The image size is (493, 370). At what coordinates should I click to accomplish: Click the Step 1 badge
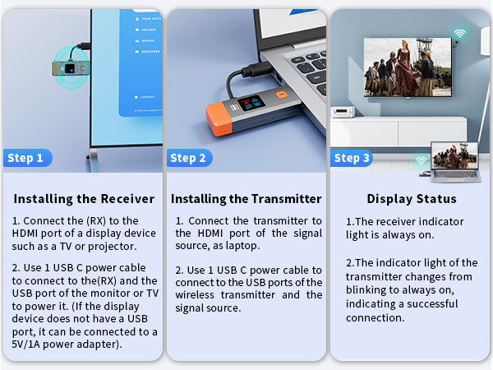[25, 158]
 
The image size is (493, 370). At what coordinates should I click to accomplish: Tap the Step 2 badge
[188, 158]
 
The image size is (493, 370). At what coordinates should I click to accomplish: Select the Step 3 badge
[352, 158]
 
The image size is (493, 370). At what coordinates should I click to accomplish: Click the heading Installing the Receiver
[84, 199]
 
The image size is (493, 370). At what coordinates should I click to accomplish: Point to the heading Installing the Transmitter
[246, 199]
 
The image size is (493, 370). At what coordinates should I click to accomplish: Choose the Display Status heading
[411, 199]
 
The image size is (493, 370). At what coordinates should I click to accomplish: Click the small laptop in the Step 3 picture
[454, 163]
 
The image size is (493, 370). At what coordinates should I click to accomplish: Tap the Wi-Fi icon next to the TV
[459, 35]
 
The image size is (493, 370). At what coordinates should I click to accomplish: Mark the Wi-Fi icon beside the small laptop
[421, 161]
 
